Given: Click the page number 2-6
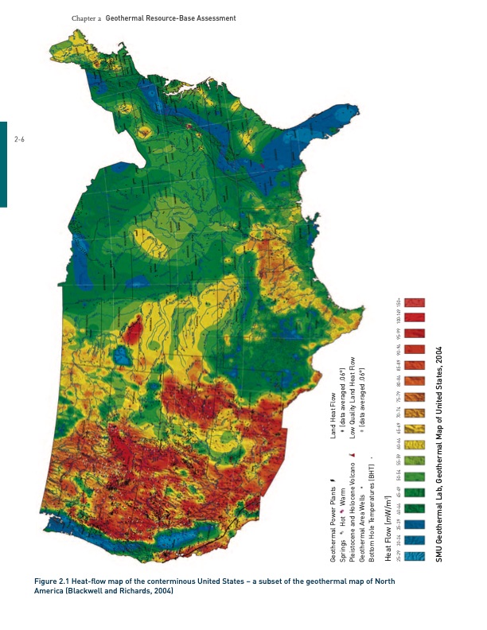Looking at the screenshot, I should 20,139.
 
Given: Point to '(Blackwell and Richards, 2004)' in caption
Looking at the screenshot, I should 120,591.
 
